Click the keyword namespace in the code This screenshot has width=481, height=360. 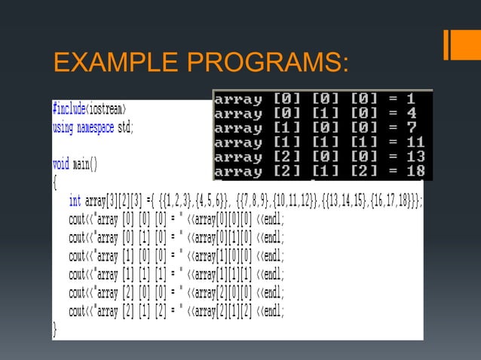pyautogui.click(x=95, y=127)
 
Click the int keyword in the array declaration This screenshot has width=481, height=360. pyautogui.click(x=75, y=200)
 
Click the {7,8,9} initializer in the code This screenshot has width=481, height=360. pyautogui.click(x=248, y=200)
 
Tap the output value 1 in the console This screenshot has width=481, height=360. pyautogui.click(x=410, y=99)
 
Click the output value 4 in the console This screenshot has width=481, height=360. pyautogui.click(x=411, y=113)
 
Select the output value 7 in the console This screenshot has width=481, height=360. pyautogui.click(x=411, y=128)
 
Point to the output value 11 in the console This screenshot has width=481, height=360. pyautogui.click(x=414, y=142)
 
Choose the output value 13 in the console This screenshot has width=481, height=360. pyautogui.click(x=414, y=157)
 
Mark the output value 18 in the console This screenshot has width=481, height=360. pyautogui.click(x=414, y=172)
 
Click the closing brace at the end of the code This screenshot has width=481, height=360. pyautogui.click(x=55, y=328)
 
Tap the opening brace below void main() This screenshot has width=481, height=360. pyautogui.click(x=55, y=182)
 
